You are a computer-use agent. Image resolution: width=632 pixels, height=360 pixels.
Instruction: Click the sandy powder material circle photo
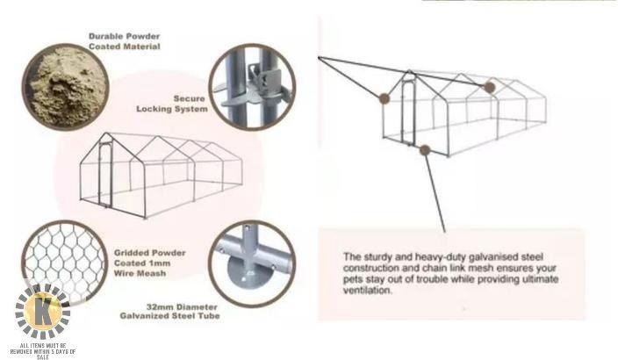[x=65, y=87]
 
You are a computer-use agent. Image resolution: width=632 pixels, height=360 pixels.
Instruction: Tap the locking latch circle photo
[x=252, y=87]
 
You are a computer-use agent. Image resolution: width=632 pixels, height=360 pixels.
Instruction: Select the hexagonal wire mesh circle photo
[x=64, y=263]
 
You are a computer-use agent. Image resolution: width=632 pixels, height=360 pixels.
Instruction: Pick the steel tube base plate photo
[x=252, y=263]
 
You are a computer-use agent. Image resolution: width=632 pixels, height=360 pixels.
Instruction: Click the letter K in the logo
[x=43, y=311]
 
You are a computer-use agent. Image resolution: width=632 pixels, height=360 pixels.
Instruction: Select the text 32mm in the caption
[x=159, y=306]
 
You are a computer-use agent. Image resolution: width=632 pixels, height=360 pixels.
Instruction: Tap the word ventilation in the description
[x=367, y=291]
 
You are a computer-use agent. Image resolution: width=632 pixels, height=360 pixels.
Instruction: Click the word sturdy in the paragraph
[x=377, y=257]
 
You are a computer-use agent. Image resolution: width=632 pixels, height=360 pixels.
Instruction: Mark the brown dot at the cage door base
[x=425, y=150]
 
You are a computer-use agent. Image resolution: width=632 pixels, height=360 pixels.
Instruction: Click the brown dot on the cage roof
[x=489, y=87]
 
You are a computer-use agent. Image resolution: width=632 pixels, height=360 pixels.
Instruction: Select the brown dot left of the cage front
[x=384, y=98]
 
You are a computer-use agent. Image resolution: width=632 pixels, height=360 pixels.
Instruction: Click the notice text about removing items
[x=43, y=351]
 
